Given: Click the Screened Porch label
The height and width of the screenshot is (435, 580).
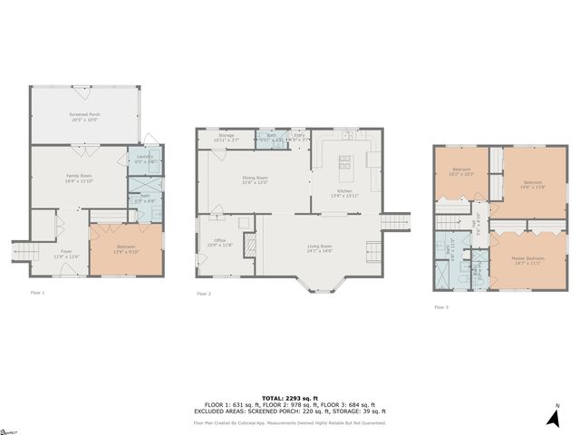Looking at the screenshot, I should tap(86, 117).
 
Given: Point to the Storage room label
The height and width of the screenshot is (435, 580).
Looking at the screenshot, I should tap(226, 138).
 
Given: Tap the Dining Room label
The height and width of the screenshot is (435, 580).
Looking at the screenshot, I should tap(255, 180).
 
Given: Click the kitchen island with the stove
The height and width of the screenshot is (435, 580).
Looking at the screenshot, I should tap(344, 164).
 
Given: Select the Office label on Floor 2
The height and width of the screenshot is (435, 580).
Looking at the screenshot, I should tap(220, 242).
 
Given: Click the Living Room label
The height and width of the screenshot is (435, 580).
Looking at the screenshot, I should tap(319, 248).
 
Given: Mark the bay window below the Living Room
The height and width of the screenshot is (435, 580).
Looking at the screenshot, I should tap(319, 286).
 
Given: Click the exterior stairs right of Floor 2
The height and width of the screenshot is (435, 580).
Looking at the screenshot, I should tap(396, 221).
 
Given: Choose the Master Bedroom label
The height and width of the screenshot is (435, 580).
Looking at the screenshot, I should tap(527, 261).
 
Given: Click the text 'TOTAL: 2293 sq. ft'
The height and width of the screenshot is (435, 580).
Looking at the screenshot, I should tap(289, 398).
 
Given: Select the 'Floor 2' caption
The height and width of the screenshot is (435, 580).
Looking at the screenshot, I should tap(204, 294).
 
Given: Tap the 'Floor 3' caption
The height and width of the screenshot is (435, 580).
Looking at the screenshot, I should tap(441, 307).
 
